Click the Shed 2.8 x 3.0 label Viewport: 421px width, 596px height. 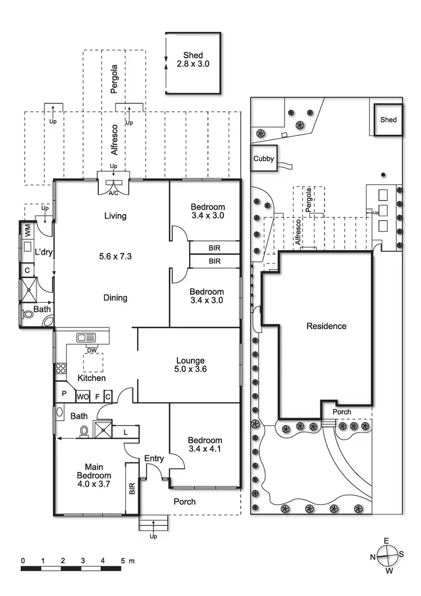pos(193,60)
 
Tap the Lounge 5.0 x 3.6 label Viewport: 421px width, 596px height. pos(190,365)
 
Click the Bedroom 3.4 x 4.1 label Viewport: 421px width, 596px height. pos(205,445)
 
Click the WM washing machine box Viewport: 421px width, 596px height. pos(27,230)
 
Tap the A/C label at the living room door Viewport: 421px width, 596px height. pos(113,193)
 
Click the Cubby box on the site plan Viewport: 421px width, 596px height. pos(263,159)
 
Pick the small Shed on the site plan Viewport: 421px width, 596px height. pos(388,120)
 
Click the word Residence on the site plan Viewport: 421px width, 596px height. pos(326,326)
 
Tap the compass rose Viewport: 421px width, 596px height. pos(387,557)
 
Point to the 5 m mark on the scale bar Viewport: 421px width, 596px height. pos(122,561)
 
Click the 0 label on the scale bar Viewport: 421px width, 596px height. pos(23,561)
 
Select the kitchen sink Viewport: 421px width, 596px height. pos(86,338)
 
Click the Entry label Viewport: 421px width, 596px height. pos(154,459)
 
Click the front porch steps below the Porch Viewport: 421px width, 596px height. pos(154,525)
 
